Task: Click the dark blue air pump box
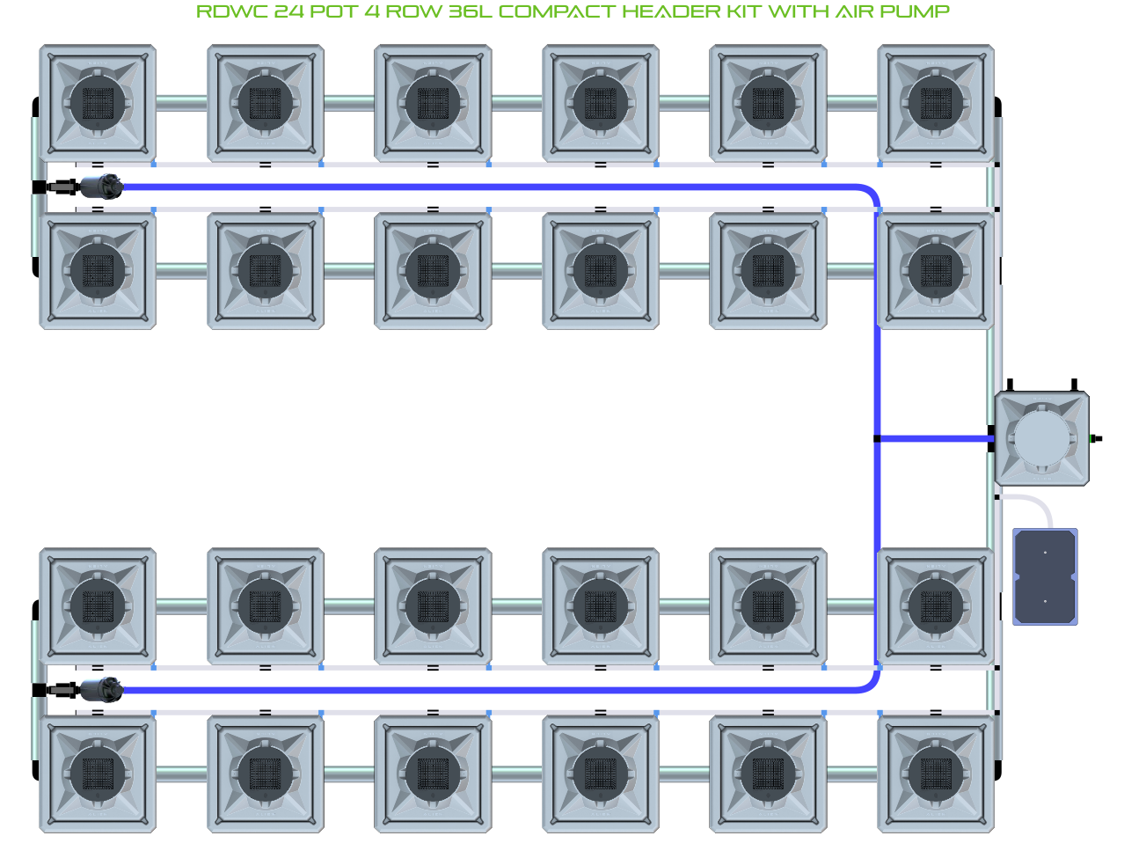click(1045, 576)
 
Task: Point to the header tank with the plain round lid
click(1041, 438)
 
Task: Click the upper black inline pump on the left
click(99, 187)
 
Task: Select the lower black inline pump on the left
click(99, 689)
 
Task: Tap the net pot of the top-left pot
click(98, 103)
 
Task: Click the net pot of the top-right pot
click(936, 103)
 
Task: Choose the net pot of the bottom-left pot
click(98, 774)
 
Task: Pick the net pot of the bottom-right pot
click(936, 774)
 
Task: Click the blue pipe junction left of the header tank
click(877, 438)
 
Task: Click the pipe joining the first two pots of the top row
click(182, 103)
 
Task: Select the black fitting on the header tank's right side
click(1095, 438)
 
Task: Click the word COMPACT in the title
click(557, 12)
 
